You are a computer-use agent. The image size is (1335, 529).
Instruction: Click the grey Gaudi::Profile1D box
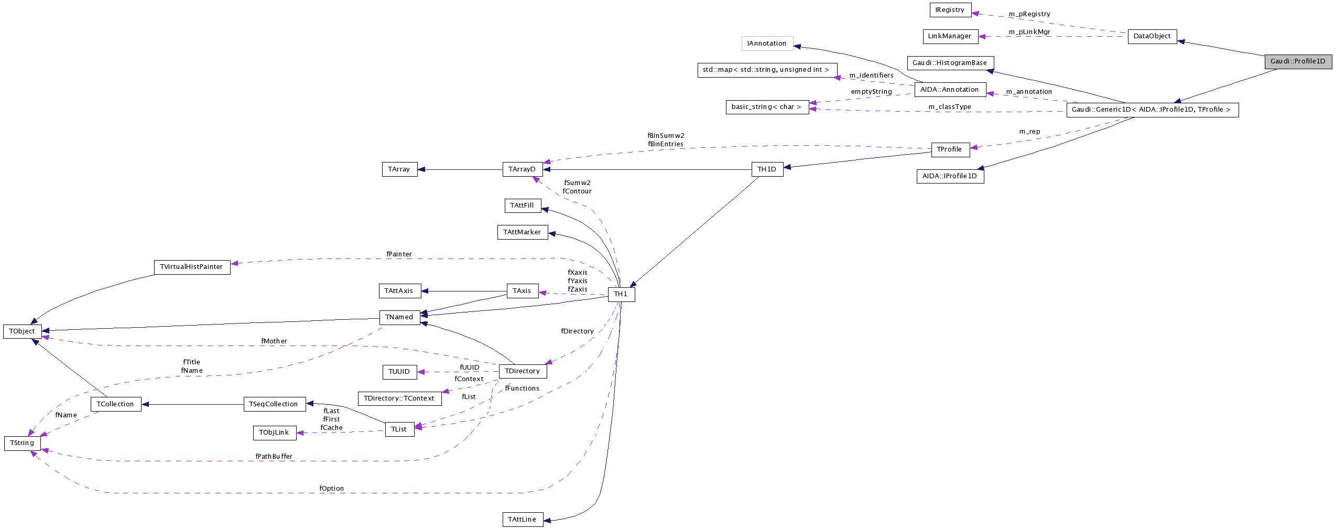pyautogui.click(x=1298, y=61)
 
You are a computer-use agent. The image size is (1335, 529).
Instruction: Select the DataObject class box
pyautogui.click(x=1152, y=36)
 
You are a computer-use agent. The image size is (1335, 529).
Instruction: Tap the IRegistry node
pyautogui.click(x=950, y=10)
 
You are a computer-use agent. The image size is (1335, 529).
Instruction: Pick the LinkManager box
pyautogui.click(x=950, y=36)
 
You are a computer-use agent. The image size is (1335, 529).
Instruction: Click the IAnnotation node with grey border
pyautogui.click(x=767, y=44)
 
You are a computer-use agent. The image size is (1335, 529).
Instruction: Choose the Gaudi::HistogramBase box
pyautogui.click(x=950, y=63)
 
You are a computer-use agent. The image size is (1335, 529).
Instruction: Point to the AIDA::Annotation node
pyautogui.click(x=950, y=90)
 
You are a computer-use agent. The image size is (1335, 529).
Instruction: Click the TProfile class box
pyautogui.click(x=950, y=149)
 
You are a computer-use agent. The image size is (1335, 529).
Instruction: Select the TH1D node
pyautogui.click(x=767, y=169)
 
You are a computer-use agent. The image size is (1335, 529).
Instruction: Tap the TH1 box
pyautogui.click(x=621, y=294)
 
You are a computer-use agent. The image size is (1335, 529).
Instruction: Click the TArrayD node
pyautogui.click(x=522, y=169)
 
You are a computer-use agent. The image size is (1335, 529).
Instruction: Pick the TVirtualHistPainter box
pyautogui.click(x=192, y=267)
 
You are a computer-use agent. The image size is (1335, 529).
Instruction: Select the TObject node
pyautogui.click(x=22, y=331)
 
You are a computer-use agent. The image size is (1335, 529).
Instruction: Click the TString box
pyautogui.click(x=22, y=443)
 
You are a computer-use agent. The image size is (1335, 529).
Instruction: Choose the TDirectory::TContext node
pyautogui.click(x=399, y=398)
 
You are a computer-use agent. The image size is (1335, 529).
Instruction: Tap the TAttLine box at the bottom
pyautogui.click(x=522, y=520)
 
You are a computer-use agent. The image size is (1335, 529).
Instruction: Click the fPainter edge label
pyautogui.click(x=399, y=254)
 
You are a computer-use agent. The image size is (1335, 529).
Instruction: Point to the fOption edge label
pyautogui.click(x=332, y=489)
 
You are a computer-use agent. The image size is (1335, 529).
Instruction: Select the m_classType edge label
pyautogui.click(x=950, y=107)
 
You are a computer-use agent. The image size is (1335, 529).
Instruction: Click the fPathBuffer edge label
pyautogui.click(x=274, y=457)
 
